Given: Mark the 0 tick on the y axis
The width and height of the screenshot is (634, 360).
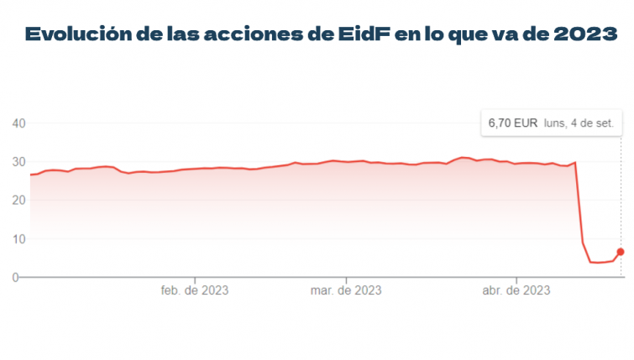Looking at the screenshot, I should click(16, 277).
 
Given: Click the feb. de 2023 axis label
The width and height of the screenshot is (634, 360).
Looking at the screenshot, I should click(195, 291).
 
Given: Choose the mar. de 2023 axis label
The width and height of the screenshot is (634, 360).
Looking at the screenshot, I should click(346, 291).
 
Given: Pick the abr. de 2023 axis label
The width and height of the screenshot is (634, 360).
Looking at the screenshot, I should click(516, 291).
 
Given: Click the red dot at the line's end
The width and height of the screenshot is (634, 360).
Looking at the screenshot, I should click(621, 251).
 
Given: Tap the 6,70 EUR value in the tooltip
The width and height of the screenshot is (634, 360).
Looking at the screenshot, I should click(513, 123).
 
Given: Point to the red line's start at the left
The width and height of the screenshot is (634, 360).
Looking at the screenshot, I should click(31, 175).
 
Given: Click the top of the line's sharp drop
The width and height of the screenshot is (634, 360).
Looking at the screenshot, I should click(575, 162).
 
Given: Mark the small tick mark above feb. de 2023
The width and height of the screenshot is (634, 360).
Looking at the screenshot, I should click(195, 279).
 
